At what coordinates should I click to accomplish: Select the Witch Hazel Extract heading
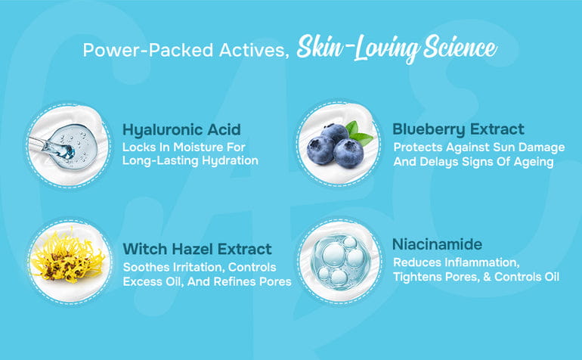tap(197, 249)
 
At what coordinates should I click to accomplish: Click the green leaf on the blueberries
tap(361, 135)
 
